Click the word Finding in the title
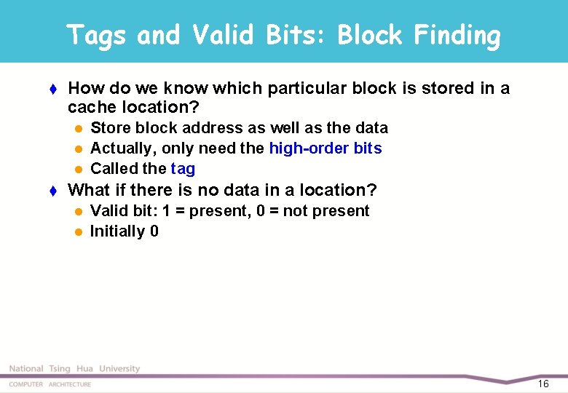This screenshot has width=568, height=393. click(x=456, y=35)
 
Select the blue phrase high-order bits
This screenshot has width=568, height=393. click(x=325, y=148)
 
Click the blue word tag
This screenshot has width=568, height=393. click(x=183, y=169)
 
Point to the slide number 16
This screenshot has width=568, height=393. click(x=543, y=384)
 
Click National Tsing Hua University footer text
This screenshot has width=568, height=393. click(x=74, y=369)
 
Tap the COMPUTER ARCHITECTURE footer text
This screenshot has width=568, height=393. click(x=50, y=384)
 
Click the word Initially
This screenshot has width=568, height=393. click(x=117, y=231)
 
